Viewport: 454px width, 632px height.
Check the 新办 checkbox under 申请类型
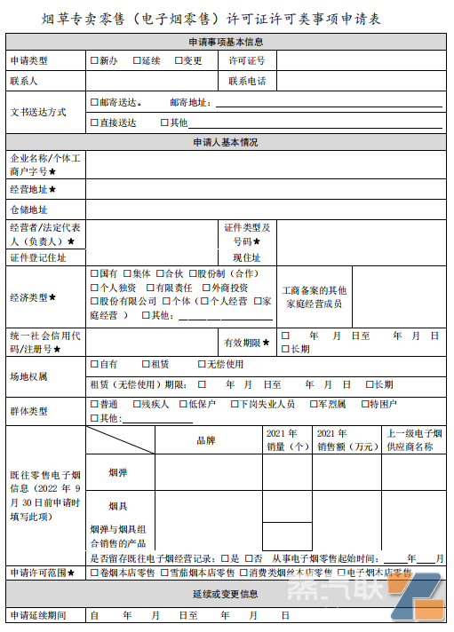[94, 60]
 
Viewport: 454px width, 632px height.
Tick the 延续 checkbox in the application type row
[137, 60]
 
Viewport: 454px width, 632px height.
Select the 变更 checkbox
[179, 60]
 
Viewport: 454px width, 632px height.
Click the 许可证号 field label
[247, 60]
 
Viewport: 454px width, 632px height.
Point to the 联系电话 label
[247, 81]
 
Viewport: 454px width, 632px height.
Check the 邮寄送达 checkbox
[94, 102]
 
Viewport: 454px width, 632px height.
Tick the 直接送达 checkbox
[94, 122]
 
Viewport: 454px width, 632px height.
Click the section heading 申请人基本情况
[226, 142]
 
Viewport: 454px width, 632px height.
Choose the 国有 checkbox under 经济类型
[94, 274]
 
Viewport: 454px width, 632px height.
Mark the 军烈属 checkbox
[313, 404]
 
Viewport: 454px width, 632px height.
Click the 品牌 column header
[206, 439]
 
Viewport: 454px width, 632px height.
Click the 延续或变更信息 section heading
[226, 593]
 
